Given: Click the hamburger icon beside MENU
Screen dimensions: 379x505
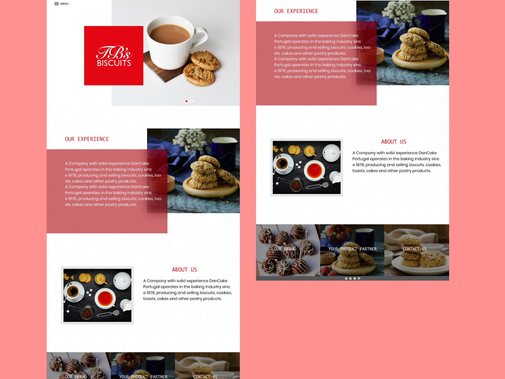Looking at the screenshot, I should (x=56, y=4).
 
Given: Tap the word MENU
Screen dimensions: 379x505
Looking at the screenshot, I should (x=64, y=4).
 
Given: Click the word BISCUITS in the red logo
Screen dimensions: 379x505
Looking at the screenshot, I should (x=114, y=63).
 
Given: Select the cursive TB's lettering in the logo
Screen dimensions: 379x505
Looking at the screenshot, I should (x=114, y=53).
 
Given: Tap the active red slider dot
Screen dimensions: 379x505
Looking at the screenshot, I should (x=187, y=101).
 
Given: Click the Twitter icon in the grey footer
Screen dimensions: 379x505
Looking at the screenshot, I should (x=346, y=279).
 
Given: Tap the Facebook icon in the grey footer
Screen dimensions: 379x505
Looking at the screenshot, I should (x=350, y=279).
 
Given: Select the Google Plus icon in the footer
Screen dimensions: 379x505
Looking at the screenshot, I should (x=354, y=279).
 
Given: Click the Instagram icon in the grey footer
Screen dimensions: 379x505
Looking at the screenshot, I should (x=359, y=279).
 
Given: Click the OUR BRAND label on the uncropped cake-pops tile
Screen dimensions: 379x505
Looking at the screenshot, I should (x=285, y=249).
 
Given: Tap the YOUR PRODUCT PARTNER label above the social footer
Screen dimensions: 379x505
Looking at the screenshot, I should (x=352, y=249).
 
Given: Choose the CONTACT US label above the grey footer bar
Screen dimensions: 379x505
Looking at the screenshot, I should (x=414, y=249).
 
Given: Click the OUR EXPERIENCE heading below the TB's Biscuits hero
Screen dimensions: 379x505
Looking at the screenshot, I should (x=87, y=139).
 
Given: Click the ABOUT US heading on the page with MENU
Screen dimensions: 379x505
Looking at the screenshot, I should (x=184, y=269).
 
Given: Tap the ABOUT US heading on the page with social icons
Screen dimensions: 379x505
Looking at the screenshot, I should (x=394, y=142).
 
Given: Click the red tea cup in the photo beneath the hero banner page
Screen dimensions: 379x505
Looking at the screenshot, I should (x=105, y=299).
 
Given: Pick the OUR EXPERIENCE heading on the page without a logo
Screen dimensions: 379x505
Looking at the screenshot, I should (x=296, y=11).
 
